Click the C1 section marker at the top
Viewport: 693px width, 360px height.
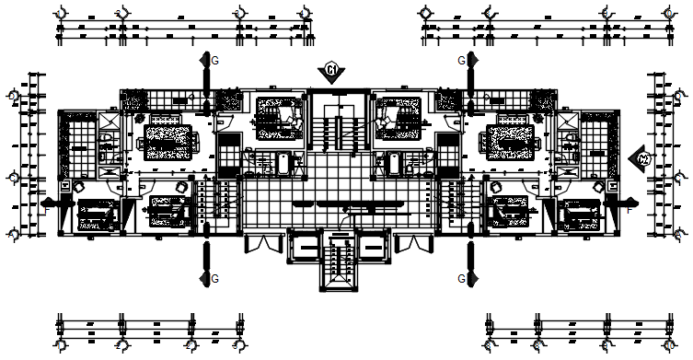pyautogui.click(x=331, y=69)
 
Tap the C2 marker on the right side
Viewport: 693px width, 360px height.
pyautogui.click(x=642, y=159)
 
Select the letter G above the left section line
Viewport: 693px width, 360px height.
pyautogui.click(x=215, y=60)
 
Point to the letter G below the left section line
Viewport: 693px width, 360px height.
pyautogui.click(x=215, y=277)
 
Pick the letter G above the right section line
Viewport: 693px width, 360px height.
pyautogui.click(x=461, y=60)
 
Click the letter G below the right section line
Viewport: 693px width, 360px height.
pyautogui.click(x=461, y=277)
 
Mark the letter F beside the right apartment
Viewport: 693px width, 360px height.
pyautogui.click(x=629, y=211)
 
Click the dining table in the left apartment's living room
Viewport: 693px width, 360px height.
pyautogui.click(x=168, y=139)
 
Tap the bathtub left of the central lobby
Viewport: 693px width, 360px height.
pyautogui.click(x=286, y=164)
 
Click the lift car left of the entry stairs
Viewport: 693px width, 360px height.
pyautogui.click(x=305, y=246)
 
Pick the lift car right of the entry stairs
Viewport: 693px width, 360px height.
pyautogui.click(x=372, y=246)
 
